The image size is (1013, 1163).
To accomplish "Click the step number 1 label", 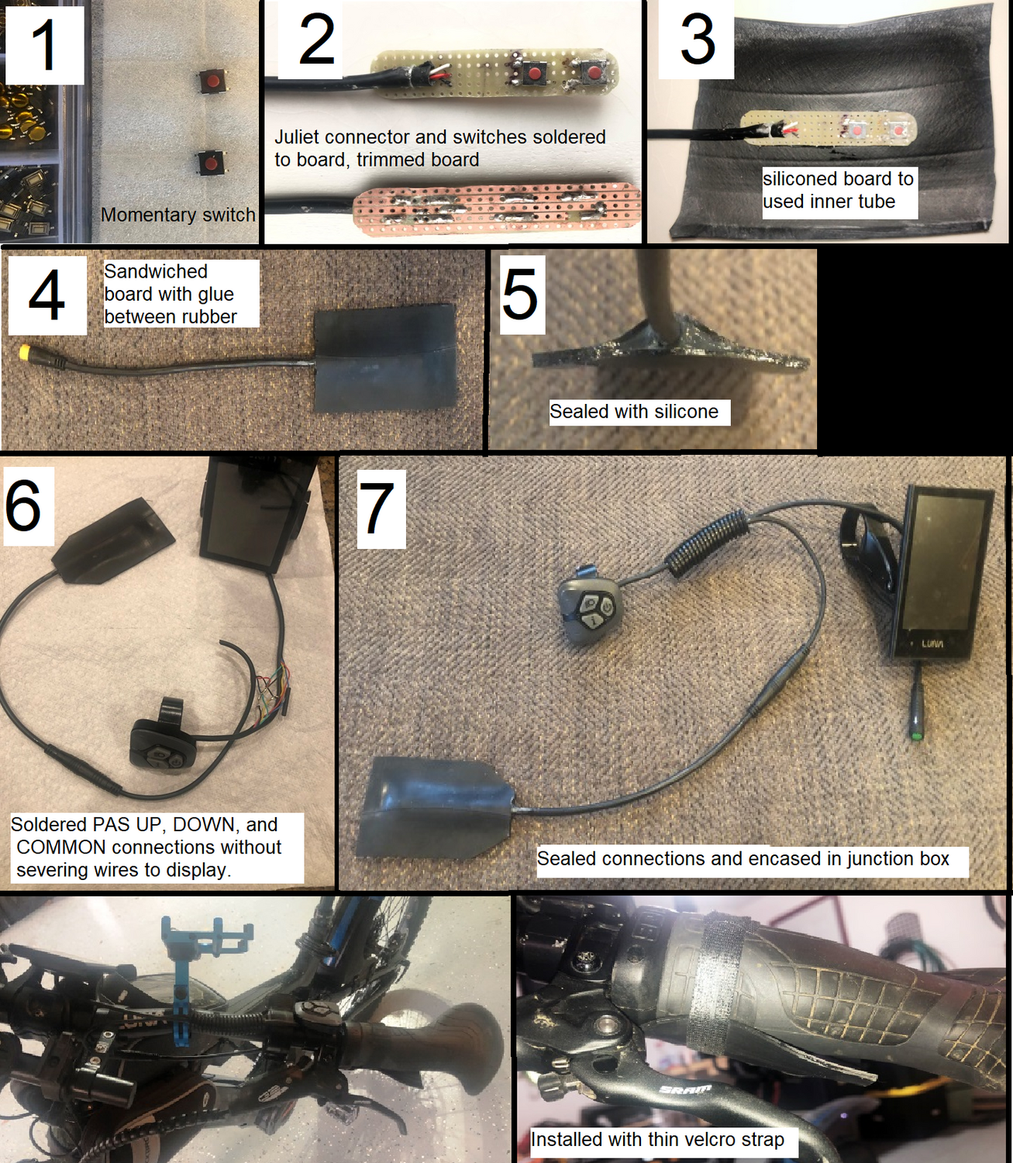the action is click(43, 43).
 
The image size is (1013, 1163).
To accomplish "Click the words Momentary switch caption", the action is click(177, 215).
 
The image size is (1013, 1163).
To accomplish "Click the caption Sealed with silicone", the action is click(633, 411).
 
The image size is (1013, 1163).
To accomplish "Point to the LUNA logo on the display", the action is click(932, 644).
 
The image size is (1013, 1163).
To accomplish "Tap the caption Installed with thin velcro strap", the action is click(657, 1139).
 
